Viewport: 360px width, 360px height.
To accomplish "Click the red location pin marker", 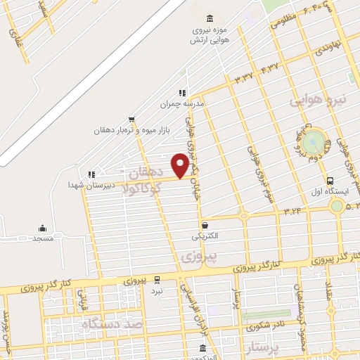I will (181, 166).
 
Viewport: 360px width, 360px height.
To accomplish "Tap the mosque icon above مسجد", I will (42, 228).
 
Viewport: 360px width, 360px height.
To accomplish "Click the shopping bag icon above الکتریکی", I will (204, 226).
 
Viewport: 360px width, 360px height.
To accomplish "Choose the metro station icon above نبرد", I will (157, 279).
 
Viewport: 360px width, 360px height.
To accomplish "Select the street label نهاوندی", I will (328, 49).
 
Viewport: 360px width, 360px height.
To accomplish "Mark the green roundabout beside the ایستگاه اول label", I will (337, 206).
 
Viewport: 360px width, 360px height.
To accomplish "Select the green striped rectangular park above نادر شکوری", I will (267, 315).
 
